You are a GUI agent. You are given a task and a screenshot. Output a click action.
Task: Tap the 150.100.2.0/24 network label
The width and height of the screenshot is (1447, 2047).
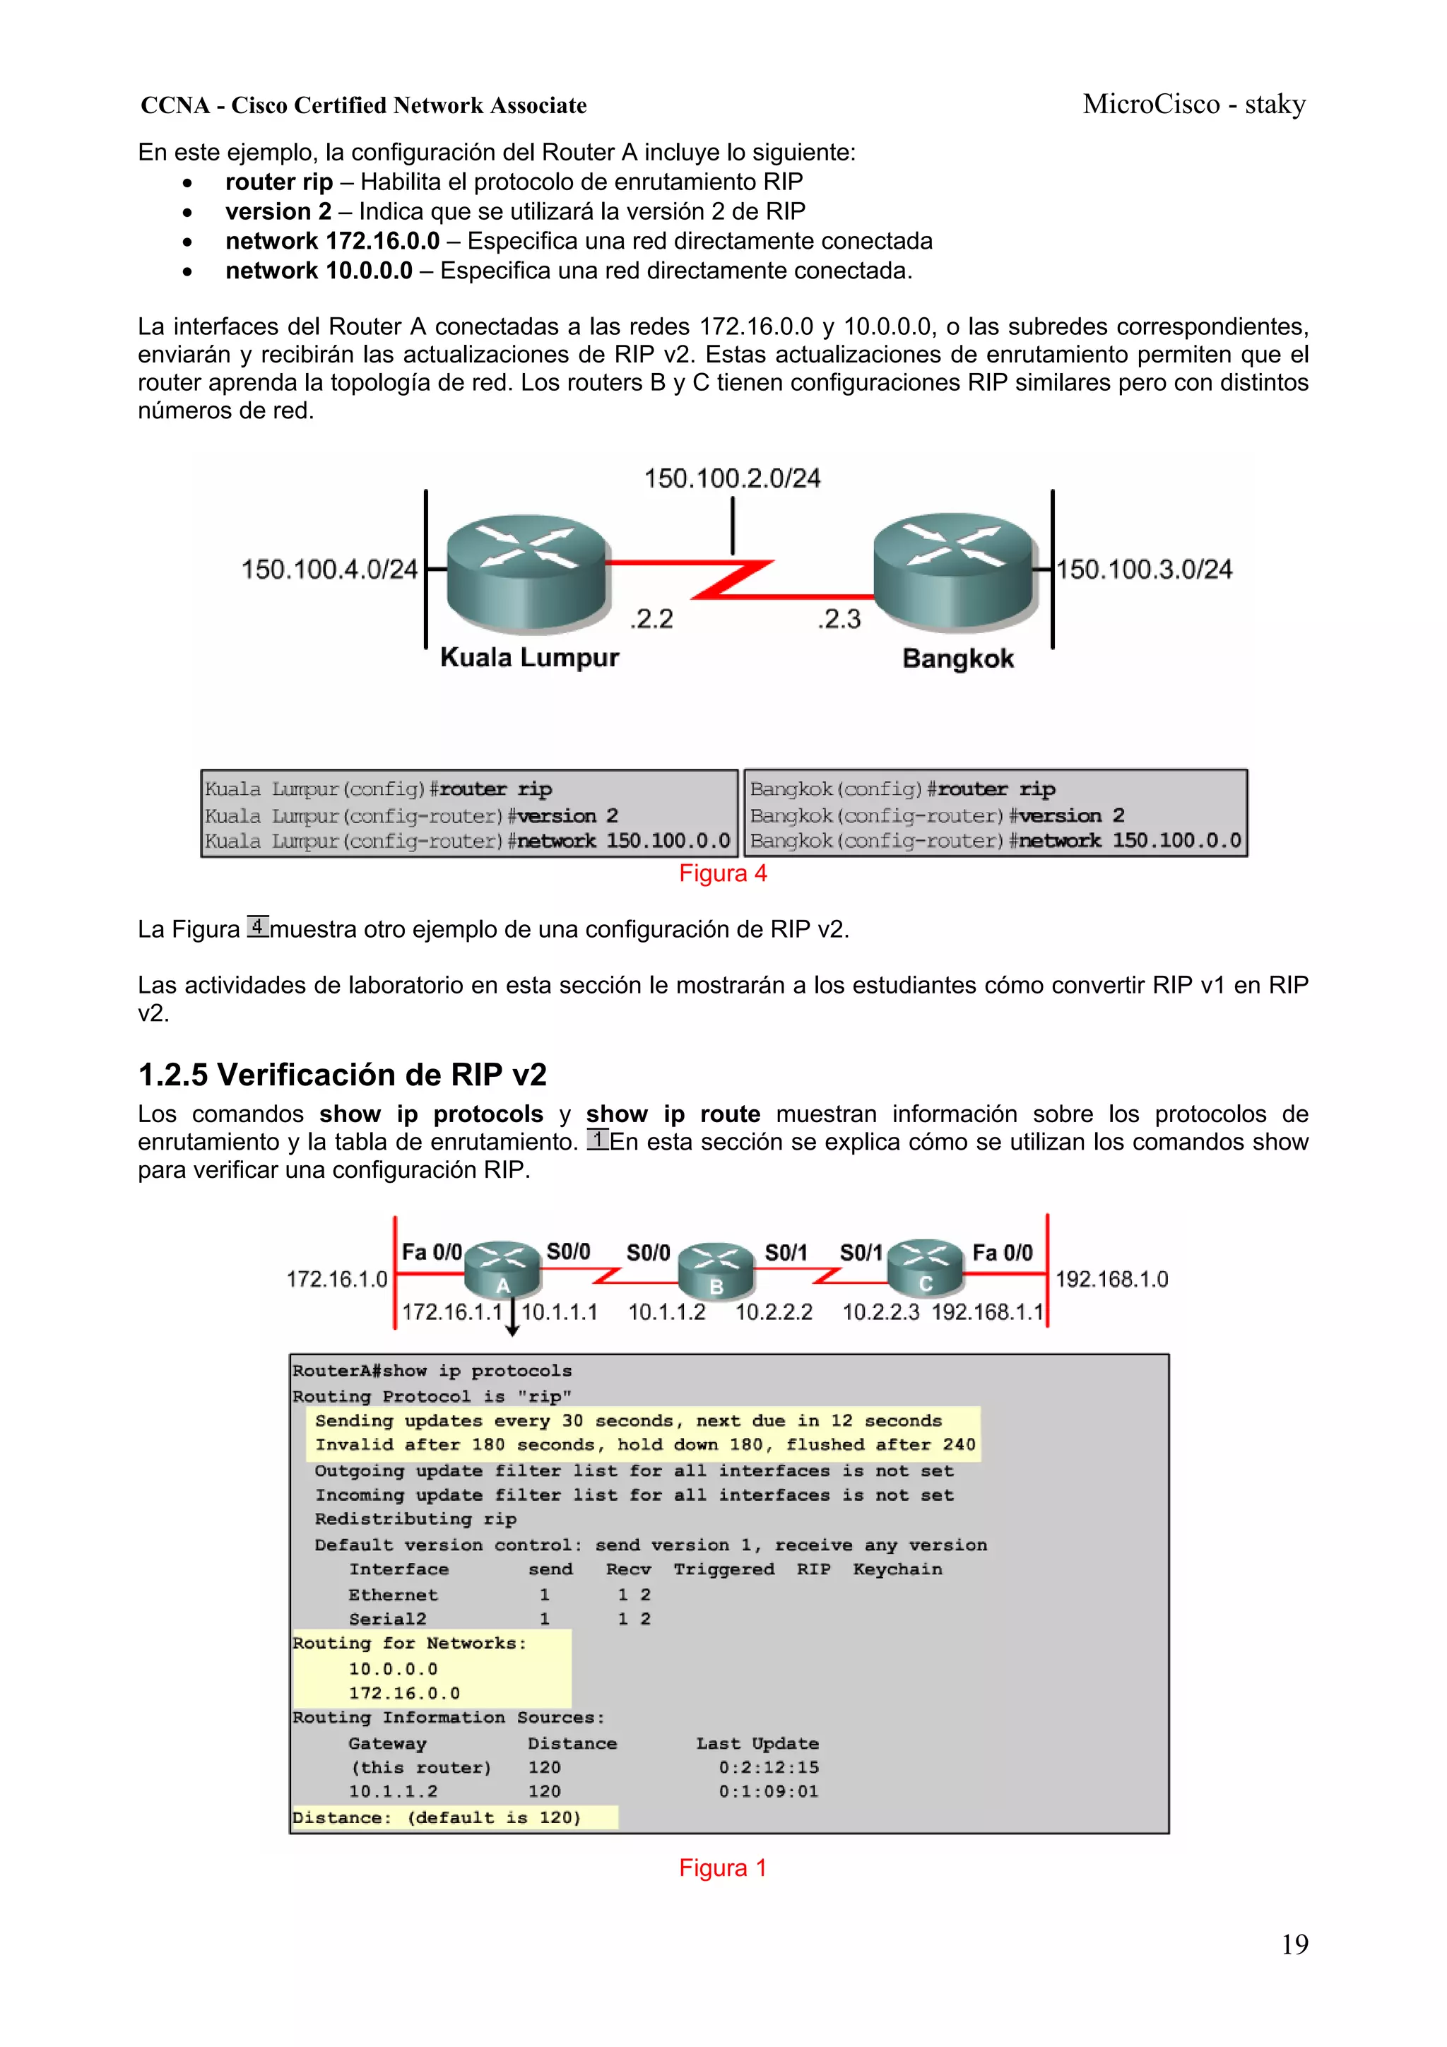pyautogui.click(x=732, y=479)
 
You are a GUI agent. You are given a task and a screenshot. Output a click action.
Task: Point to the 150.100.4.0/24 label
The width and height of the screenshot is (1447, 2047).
pyautogui.click(x=329, y=569)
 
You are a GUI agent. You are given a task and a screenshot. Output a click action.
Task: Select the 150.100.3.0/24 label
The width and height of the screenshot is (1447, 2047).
pyautogui.click(x=1144, y=569)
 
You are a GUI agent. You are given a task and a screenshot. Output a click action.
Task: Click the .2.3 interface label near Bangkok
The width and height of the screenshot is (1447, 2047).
pyautogui.click(x=839, y=619)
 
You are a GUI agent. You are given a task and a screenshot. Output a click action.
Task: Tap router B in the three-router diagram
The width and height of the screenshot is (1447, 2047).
pyautogui.click(x=716, y=1270)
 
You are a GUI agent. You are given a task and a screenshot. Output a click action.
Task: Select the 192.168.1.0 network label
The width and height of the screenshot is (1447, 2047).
pyautogui.click(x=1111, y=1280)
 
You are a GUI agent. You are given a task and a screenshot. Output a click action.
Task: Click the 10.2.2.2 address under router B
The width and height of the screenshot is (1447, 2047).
pyautogui.click(x=773, y=1312)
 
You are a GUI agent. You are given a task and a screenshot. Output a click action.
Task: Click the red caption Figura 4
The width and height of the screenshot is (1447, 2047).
pyautogui.click(x=722, y=874)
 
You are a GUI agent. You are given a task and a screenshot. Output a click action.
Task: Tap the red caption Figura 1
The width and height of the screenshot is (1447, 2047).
pyautogui.click(x=722, y=1868)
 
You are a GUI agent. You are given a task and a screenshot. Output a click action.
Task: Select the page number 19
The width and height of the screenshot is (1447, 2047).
pyautogui.click(x=1294, y=1945)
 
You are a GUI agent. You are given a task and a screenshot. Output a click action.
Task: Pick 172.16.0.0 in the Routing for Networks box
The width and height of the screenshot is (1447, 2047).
pyautogui.click(x=404, y=1693)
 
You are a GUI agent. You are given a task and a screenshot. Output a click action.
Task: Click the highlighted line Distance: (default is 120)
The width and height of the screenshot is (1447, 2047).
pyautogui.click(x=437, y=1817)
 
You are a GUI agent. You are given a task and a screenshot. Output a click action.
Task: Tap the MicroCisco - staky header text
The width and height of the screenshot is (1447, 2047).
pyautogui.click(x=1194, y=105)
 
